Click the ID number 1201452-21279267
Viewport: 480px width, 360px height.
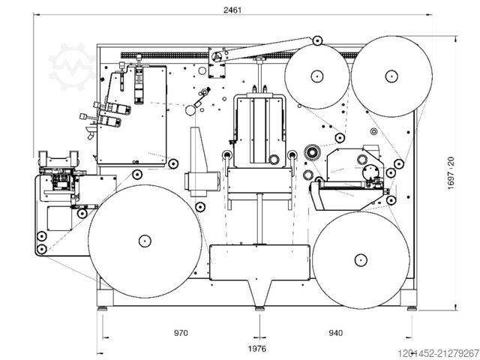point(439,352)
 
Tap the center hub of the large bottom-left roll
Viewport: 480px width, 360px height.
point(142,241)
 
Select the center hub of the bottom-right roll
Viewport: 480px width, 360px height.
point(359,260)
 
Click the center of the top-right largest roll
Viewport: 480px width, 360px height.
point(390,76)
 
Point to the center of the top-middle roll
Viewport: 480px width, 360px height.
point(317,76)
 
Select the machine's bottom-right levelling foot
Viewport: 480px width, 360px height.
point(412,307)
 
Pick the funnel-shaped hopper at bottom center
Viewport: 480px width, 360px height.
point(259,289)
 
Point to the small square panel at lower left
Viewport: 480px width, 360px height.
point(58,218)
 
